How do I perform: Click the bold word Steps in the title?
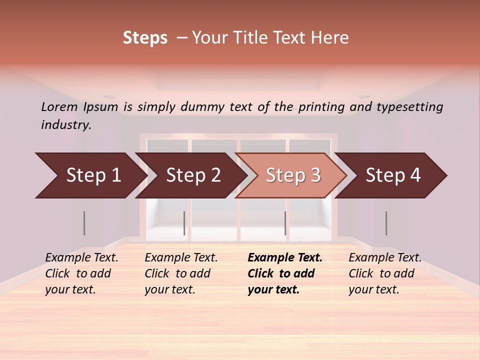coord(145,38)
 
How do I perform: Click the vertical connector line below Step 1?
coord(84,223)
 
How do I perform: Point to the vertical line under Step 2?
coord(184,223)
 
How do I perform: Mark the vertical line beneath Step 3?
coord(285,223)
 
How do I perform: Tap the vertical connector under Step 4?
coord(386,223)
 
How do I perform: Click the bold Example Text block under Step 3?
coord(285,273)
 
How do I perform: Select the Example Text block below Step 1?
coord(81,273)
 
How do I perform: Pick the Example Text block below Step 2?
coord(181,273)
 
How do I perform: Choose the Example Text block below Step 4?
coord(385,273)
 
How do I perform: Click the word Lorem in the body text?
coord(59,106)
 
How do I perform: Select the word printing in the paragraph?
coord(321,106)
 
